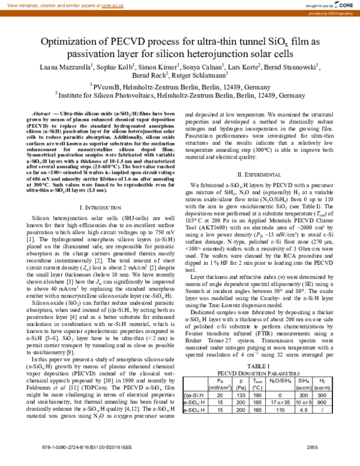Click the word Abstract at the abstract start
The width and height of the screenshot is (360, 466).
(40, 113)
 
